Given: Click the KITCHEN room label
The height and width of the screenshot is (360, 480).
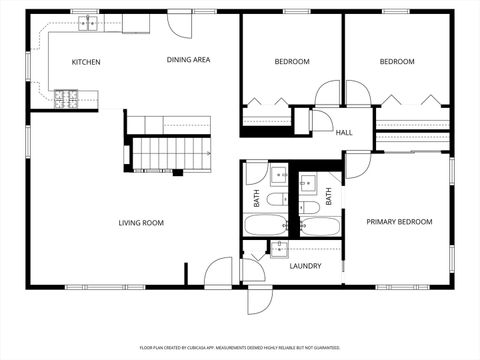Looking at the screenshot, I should [86, 62].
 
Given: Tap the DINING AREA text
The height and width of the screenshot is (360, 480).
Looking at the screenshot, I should [188, 60].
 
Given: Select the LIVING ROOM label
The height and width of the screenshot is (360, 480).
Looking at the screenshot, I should [141, 223].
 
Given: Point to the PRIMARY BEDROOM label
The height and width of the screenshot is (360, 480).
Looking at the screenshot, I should [399, 222].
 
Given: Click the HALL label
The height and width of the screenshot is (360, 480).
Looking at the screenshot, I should [344, 133].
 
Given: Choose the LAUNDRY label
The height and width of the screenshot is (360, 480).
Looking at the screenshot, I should [305, 266].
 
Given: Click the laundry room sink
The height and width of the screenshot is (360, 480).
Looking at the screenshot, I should [281, 250].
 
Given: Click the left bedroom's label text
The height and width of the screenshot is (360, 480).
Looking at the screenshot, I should [292, 62].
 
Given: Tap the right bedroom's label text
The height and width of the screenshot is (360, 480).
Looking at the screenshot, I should [397, 62].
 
